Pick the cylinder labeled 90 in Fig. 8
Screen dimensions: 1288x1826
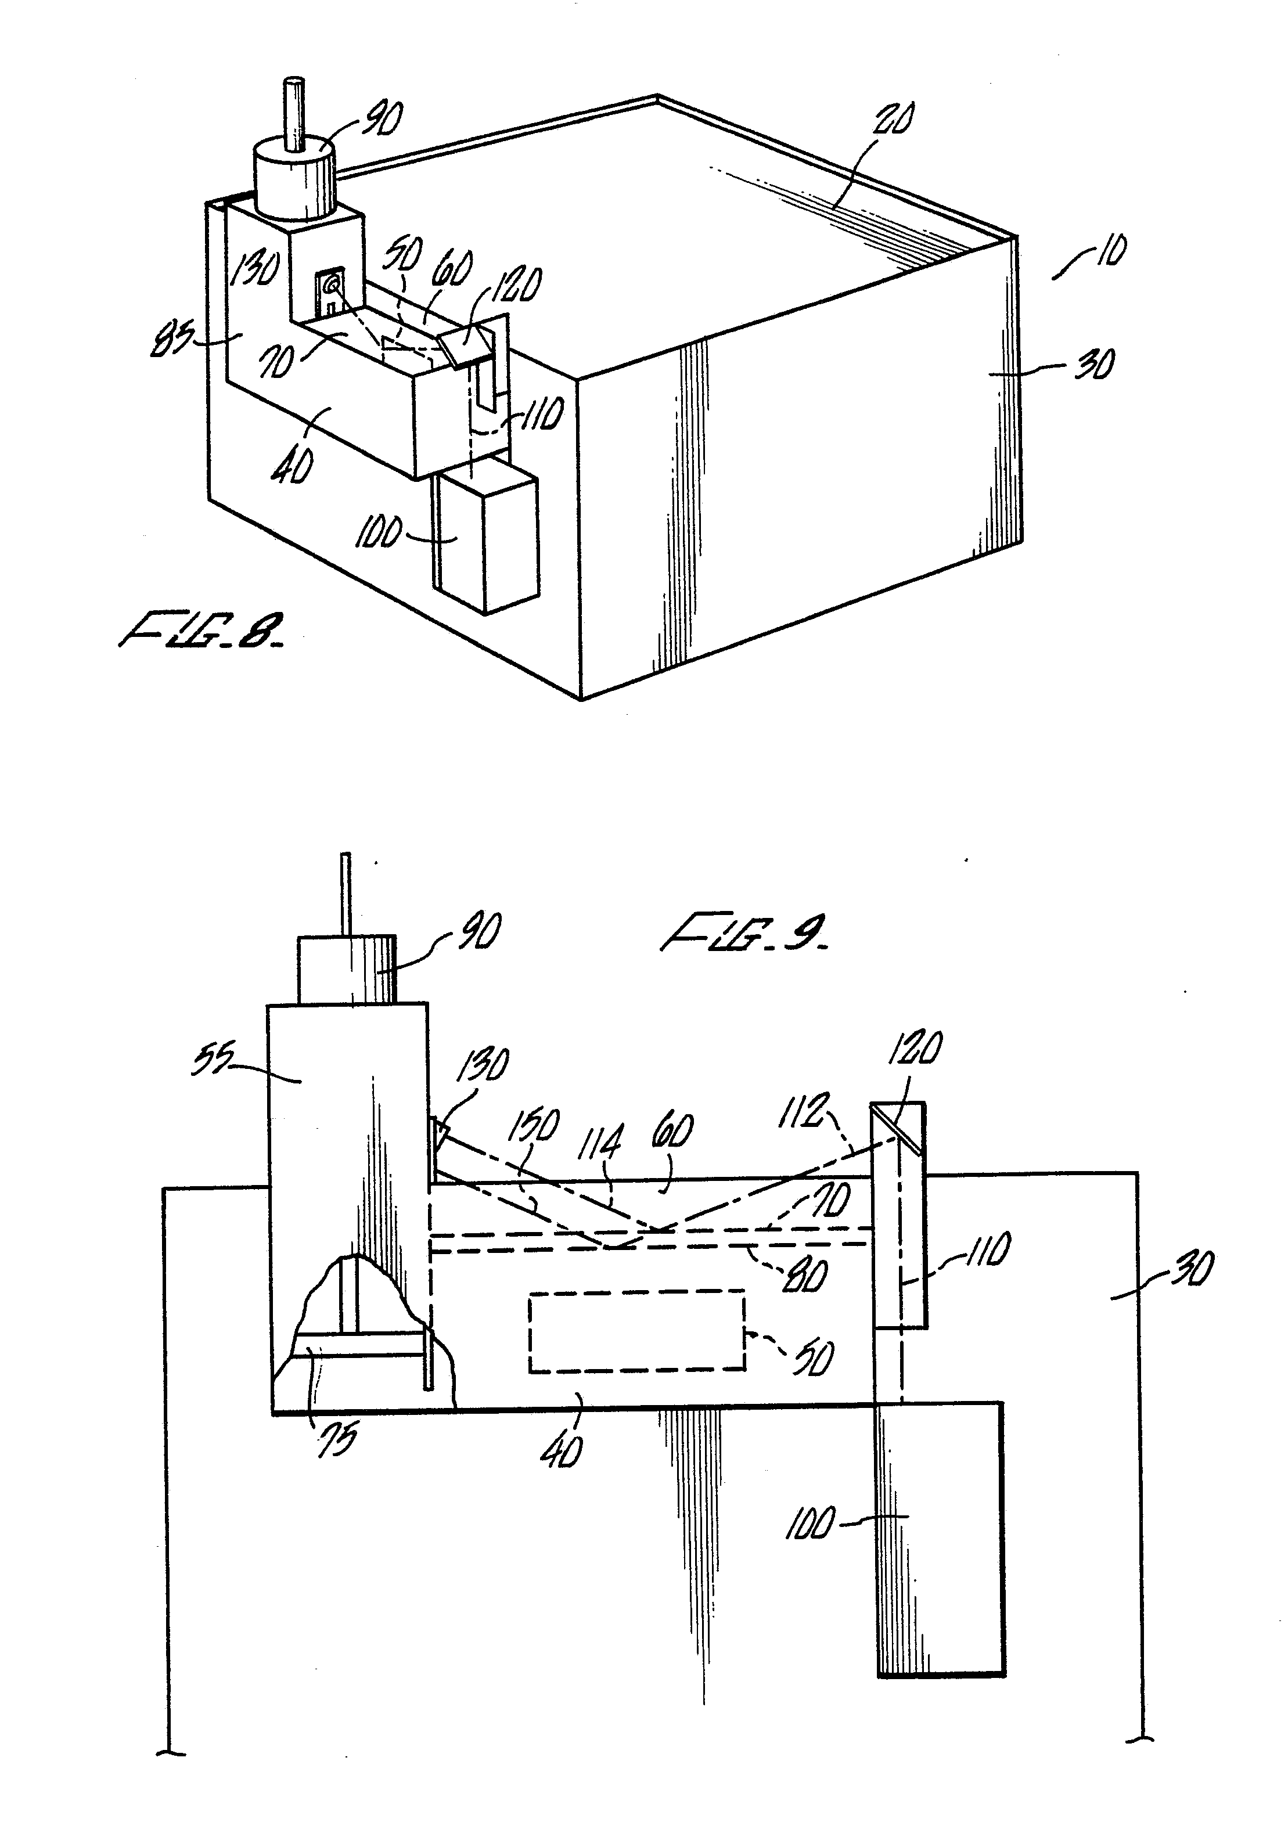pos(293,179)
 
